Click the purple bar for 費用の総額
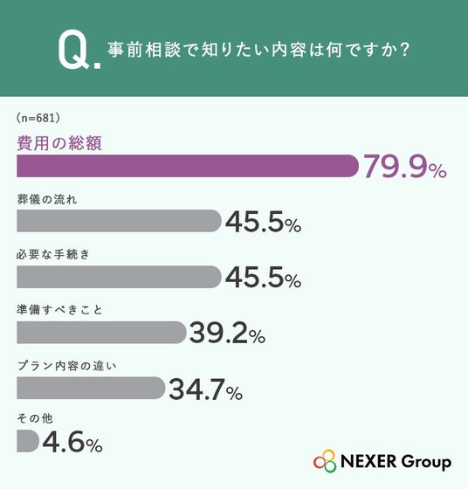pyautogui.click(x=188, y=166)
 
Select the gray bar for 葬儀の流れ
pyautogui.click(x=119, y=221)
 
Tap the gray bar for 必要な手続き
pyautogui.click(x=119, y=277)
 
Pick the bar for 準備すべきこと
pyautogui.click(x=101, y=333)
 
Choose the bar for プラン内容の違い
pyautogui.click(x=91, y=388)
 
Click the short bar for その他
pyautogui.click(x=28, y=441)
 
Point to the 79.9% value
pyautogui.click(x=405, y=167)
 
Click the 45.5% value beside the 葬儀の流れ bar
pyautogui.click(x=264, y=222)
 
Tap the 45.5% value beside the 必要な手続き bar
pyautogui.click(x=264, y=278)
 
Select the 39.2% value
pyautogui.click(x=228, y=333)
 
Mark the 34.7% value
pyautogui.click(x=206, y=389)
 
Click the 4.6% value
pyautogui.click(x=72, y=442)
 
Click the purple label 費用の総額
pyautogui.click(x=59, y=143)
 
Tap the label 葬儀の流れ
pyautogui.click(x=47, y=199)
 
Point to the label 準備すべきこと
pyautogui.click(x=59, y=310)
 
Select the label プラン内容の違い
pyautogui.click(x=66, y=366)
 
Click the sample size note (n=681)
pyautogui.click(x=38, y=118)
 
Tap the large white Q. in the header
pyautogui.click(x=79, y=49)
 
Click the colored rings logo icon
pyautogui.click(x=325, y=461)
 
